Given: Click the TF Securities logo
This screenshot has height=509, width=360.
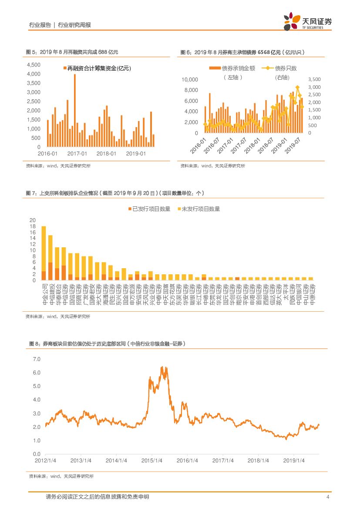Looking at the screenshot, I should [x=307, y=21].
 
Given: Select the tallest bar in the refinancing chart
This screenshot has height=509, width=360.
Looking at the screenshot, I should [x=74, y=111].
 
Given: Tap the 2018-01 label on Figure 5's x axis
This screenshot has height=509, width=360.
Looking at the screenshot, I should [x=106, y=154].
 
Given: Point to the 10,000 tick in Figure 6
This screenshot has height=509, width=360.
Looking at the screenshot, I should [x=190, y=80].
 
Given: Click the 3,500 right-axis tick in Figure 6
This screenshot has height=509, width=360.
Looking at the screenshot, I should [x=315, y=79].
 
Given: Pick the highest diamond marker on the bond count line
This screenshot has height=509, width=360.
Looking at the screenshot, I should [x=297, y=88].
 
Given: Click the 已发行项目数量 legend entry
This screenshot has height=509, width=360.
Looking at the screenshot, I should [x=149, y=209].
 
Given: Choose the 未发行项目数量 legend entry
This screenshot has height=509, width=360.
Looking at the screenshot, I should [x=198, y=209].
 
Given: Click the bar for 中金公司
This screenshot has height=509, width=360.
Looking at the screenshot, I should [x=44, y=253].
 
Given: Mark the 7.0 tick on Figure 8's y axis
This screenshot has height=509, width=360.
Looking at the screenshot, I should [x=36, y=360].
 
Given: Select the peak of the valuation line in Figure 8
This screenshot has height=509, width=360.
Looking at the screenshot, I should [x=162, y=367].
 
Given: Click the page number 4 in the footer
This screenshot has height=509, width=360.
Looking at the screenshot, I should [x=327, y=497].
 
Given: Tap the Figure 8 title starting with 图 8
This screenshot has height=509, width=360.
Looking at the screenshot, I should [x=107, y=344].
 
